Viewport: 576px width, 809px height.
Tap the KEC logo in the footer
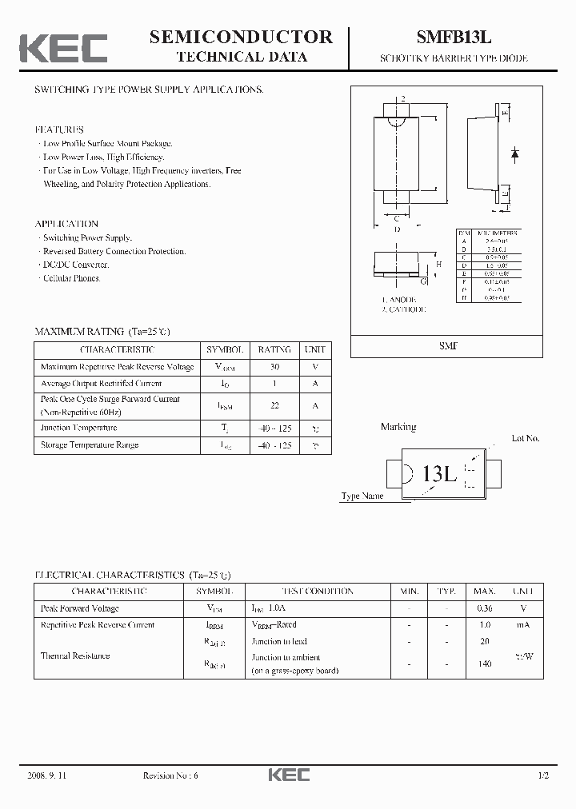(x=287, y=775)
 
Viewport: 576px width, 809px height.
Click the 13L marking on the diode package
(x=439, y=473)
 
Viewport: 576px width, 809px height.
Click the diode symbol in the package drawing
(x=514, y=152)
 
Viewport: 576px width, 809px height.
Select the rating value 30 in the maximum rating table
(x=274, y=367)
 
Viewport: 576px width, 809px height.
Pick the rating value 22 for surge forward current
(x=274, y=406)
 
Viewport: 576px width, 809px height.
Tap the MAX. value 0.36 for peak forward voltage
(x=483, y=608)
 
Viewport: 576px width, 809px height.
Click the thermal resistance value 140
(x=483, y=664)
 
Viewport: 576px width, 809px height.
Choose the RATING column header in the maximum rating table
(x=274, y=350)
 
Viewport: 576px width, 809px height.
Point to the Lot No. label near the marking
(x=526, y=438)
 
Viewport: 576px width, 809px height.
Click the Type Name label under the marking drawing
(x=362, y=496)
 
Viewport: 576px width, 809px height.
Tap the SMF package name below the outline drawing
(x=446, y=346)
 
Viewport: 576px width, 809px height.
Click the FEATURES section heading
(x=59, y=130)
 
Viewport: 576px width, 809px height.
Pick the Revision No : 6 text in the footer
(x=171, y=775)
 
